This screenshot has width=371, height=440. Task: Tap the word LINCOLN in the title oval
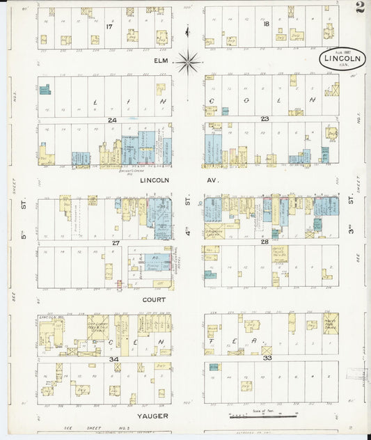pos(341,59)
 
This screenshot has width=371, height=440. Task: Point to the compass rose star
pos(187,63)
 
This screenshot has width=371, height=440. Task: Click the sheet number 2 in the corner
pos(358,8)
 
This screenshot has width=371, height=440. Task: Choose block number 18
pos(267,24)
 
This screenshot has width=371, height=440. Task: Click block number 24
pos(111,119)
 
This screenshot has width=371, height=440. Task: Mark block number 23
pos(265,119)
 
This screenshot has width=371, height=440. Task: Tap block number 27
pos(116,243)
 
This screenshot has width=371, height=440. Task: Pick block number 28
pos(265,242)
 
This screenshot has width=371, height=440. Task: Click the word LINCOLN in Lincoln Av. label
pos(155,180)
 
